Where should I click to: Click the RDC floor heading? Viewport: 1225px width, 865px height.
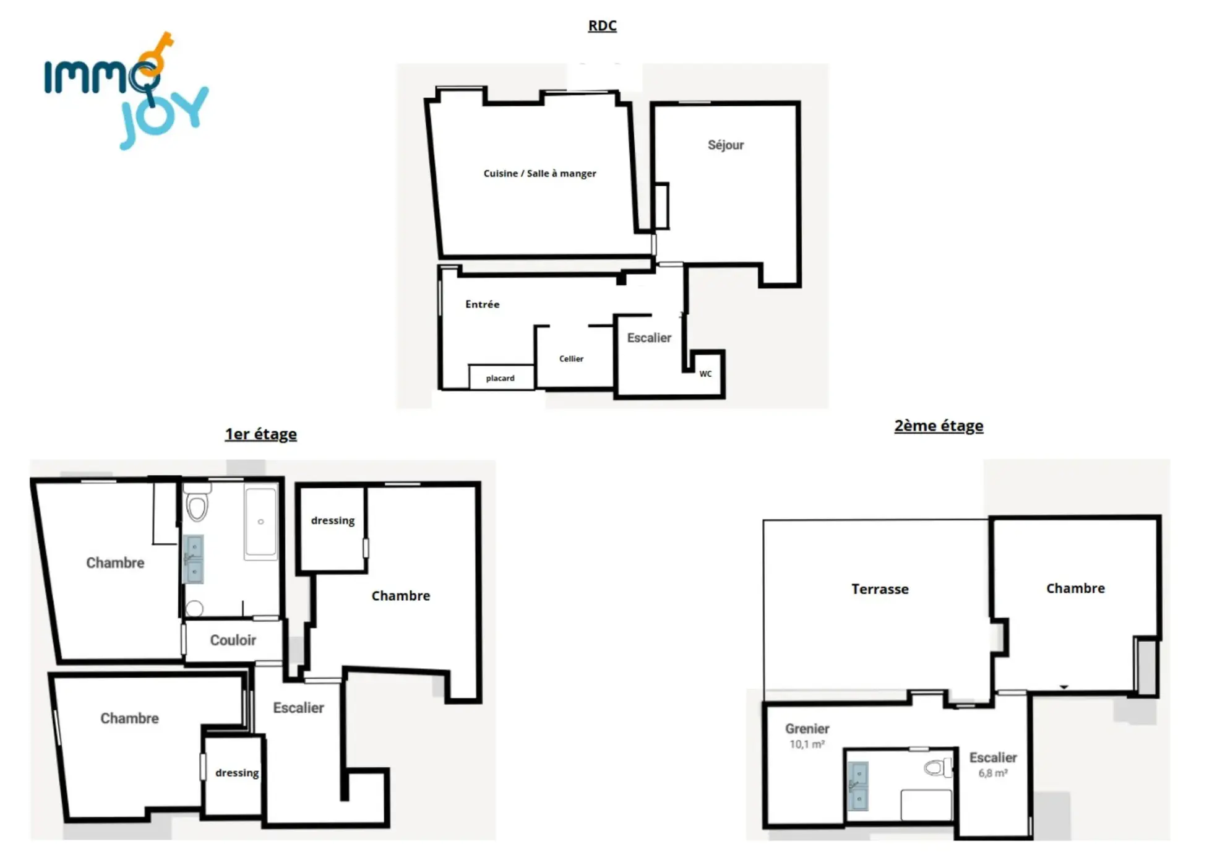click(x=602, y=26)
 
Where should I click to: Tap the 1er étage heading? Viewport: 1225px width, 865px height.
click(x=260, y=434)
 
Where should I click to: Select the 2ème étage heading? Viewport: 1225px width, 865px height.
click(x=939, y=426)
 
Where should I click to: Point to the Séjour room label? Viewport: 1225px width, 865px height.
click(x=726, y=145)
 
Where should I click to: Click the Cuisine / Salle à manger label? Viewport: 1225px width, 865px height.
click(x=539, y=174)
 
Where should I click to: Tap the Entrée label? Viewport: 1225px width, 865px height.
click(x=482, y=304)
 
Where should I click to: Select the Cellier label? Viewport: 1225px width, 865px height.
click(x=571, y=359)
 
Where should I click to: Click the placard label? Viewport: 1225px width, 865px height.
click(x=500, y=378)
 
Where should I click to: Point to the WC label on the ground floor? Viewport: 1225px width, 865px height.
click(x=705, y=374)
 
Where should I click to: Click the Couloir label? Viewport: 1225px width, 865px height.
click(x=233, y=640)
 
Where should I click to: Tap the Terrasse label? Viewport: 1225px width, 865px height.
click(x=880, y=589)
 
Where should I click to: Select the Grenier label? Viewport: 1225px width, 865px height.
click(x=807, y=729)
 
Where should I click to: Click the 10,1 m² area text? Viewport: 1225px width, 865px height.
click(x=807, y=744)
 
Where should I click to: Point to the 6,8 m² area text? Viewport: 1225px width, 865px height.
click(x=992, y=773)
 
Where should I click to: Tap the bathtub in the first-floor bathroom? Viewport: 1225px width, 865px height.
click(x=260, y=523)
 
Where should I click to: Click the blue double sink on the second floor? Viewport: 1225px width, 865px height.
click(x=858, y=786)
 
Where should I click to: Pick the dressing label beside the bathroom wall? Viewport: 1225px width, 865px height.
click(x=333, y=521)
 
